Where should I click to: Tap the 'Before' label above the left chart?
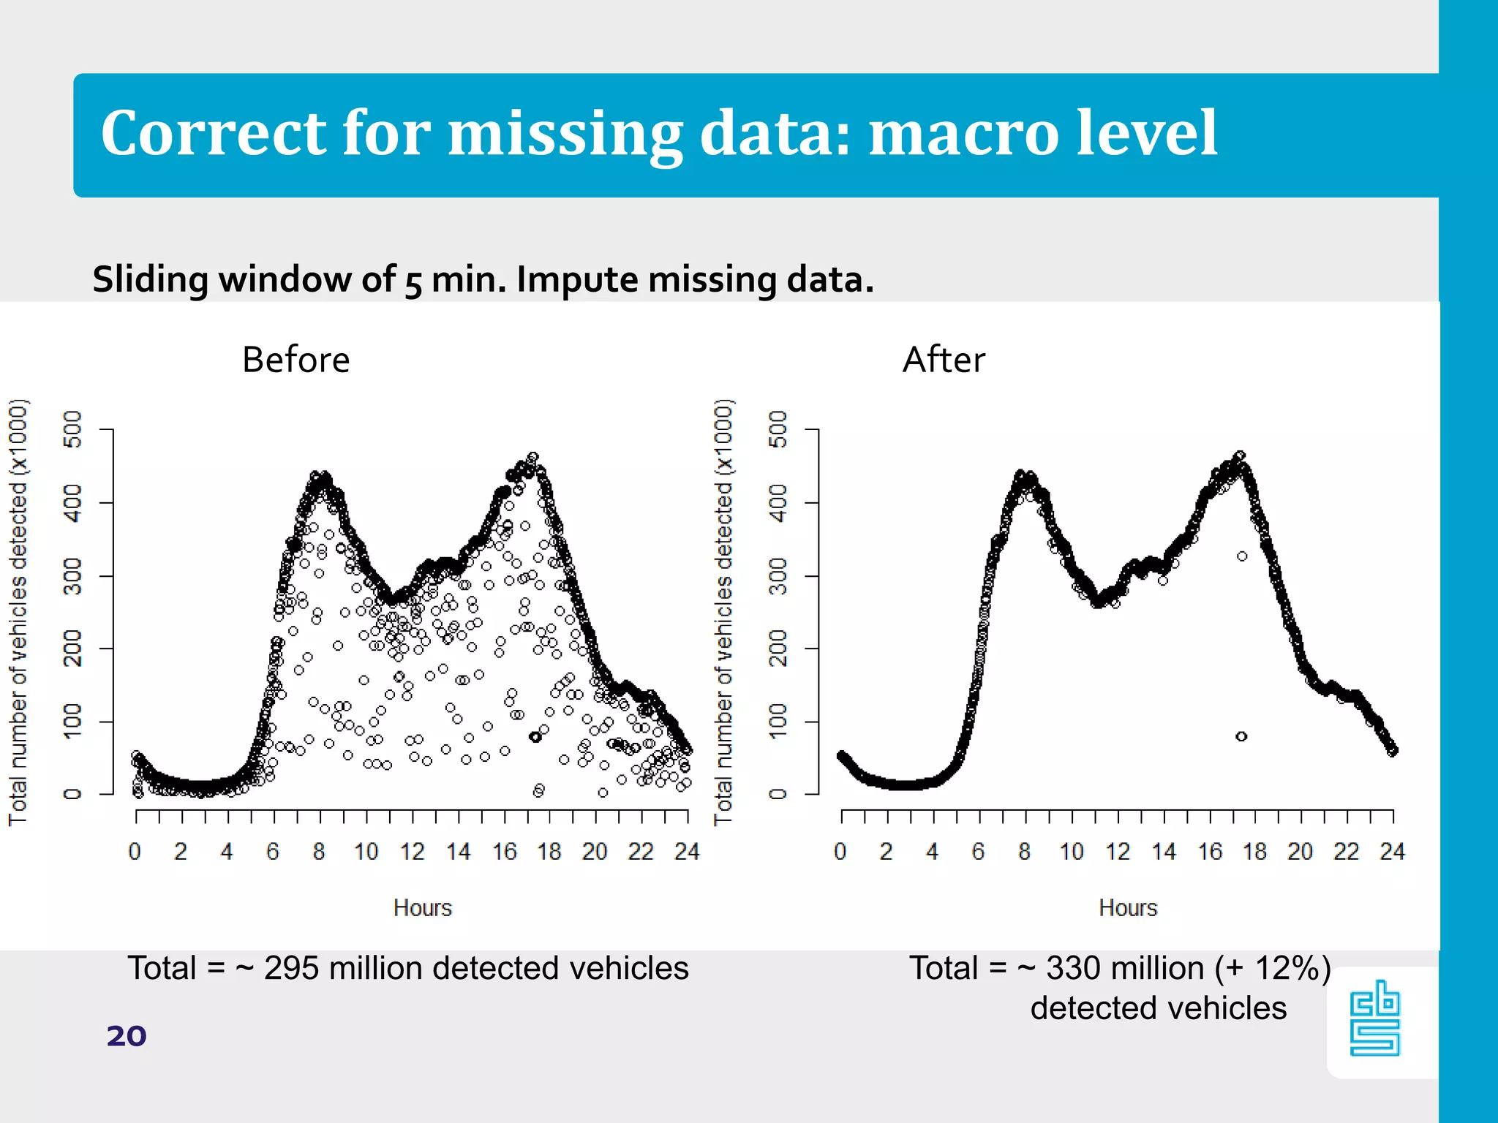[x=296, y=360]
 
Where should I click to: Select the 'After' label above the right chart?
[x=944, y=360]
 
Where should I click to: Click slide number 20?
[x=127, y=1036]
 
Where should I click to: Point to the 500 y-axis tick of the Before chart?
[x=73, y=429]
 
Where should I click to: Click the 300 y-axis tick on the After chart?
[x=778, y=576]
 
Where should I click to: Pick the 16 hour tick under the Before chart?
[x=504, y=852]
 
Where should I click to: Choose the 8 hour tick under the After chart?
[x=1024, y=852]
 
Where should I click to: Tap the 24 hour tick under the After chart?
[x=1392, y=852]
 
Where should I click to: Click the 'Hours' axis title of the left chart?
[x=423, y=908]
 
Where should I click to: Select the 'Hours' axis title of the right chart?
[x=1128, y=908]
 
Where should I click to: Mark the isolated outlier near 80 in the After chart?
[x=1241, y=736]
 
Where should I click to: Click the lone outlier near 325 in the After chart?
[x=1242, y=556]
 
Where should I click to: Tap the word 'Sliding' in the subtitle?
[x=150, y=280]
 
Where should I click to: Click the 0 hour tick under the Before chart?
[x=135, y=852]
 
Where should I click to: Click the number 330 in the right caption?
[x=1074, y=969]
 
